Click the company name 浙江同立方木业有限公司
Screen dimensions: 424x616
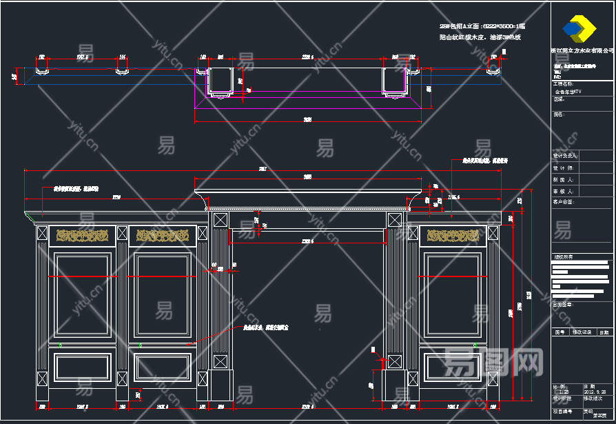pos(582,50)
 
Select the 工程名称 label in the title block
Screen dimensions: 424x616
pos(564,83)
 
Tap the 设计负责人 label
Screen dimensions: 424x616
pos(565,156)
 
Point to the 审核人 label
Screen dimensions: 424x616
pos(564,191)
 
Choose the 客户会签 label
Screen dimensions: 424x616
pos(564,202)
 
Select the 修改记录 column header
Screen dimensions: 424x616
pos(582,332)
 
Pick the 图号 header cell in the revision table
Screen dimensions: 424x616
pos(560,332)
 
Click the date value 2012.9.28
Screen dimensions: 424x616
pos(595,392)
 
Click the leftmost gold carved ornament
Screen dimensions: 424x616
pos(82,236)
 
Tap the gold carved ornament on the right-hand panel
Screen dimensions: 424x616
pos(453,236)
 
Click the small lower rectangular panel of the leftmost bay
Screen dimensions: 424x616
pos(82,367)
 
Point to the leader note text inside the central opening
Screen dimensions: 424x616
pos(265,327)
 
